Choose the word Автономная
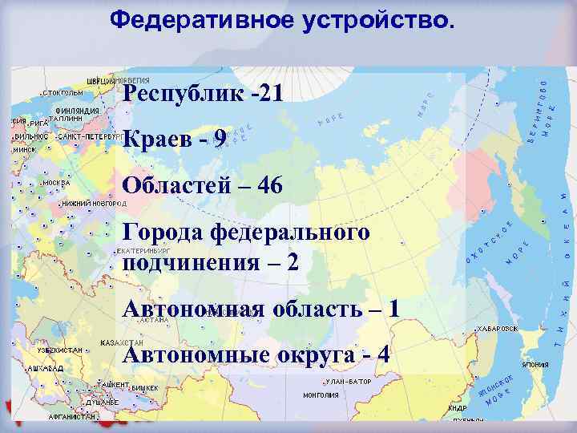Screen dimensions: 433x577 tap(193, 310)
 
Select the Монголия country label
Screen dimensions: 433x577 tap(321, 395)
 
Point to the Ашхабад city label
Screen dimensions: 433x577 tap(39, 366)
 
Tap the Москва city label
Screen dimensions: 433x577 tap(57, 182)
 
